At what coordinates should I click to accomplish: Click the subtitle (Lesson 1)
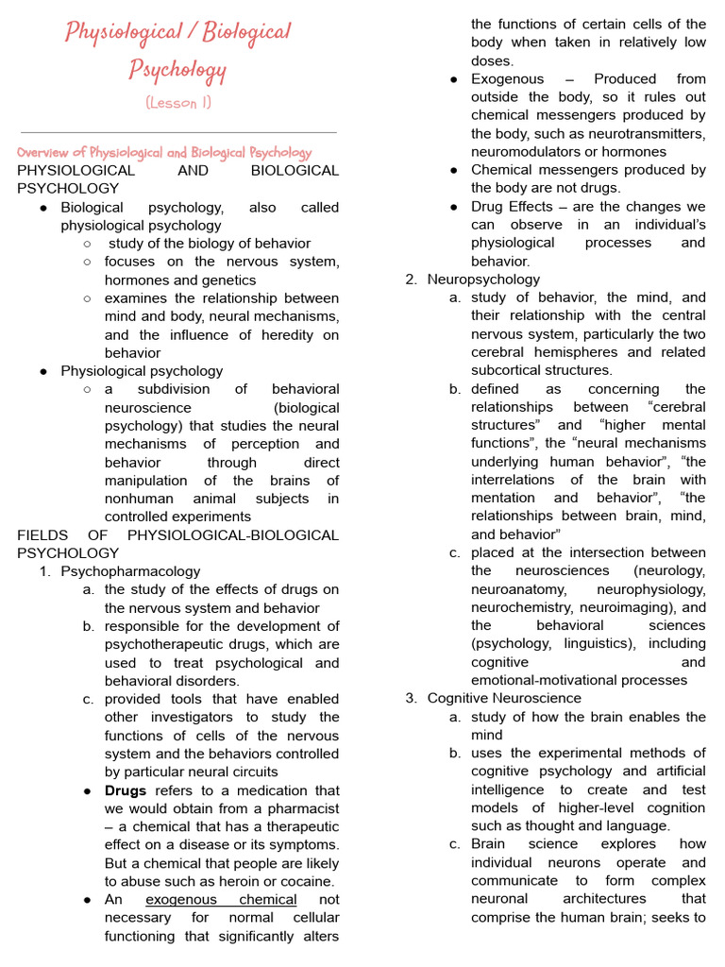tap(178, 103)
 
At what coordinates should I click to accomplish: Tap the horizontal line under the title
tap(178, 132)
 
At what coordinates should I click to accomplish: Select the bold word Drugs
tap(126, 790)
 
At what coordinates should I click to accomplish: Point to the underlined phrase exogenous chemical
tap(221, 900)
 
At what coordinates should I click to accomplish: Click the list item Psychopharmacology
tap(130, 570)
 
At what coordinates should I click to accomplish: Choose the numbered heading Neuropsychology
tap(483, 280)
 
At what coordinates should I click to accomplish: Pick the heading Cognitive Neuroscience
tap(504, 698)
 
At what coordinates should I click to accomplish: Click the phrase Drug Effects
tap(513, 207)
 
